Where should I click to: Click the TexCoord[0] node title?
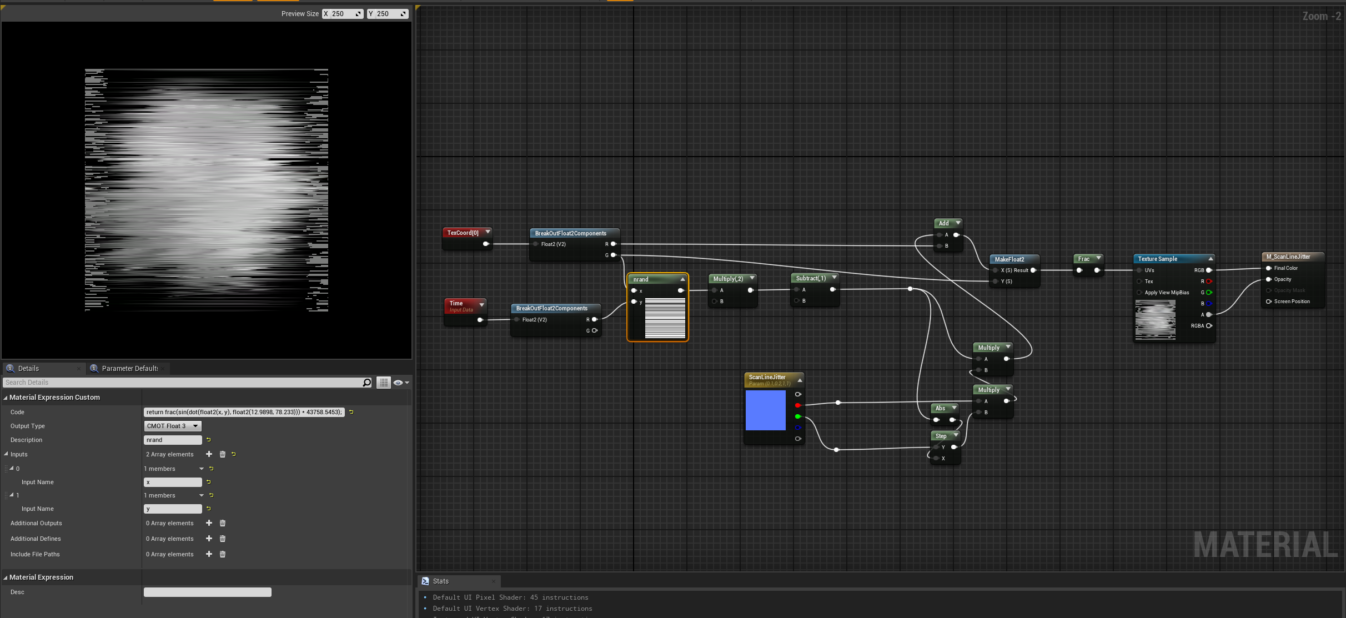[463, 233]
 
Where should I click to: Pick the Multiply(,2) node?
[728, 279]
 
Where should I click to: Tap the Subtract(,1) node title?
[811, 278]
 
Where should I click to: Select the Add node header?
[944, 223]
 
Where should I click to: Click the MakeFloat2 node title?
[1009, 259]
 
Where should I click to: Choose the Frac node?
[1084, 259]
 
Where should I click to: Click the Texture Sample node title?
[1158, 259]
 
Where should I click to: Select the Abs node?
[940, 408]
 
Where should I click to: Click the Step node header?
[941, 436]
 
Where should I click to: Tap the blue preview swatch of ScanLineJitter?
[765, 410]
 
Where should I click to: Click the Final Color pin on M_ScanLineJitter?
[1269, 268]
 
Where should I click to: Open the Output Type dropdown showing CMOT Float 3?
[172, 426]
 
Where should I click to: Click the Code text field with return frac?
[244, 412]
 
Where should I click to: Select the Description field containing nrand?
[172, 440]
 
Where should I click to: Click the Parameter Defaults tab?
[129, 369]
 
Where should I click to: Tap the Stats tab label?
[441, 581]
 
